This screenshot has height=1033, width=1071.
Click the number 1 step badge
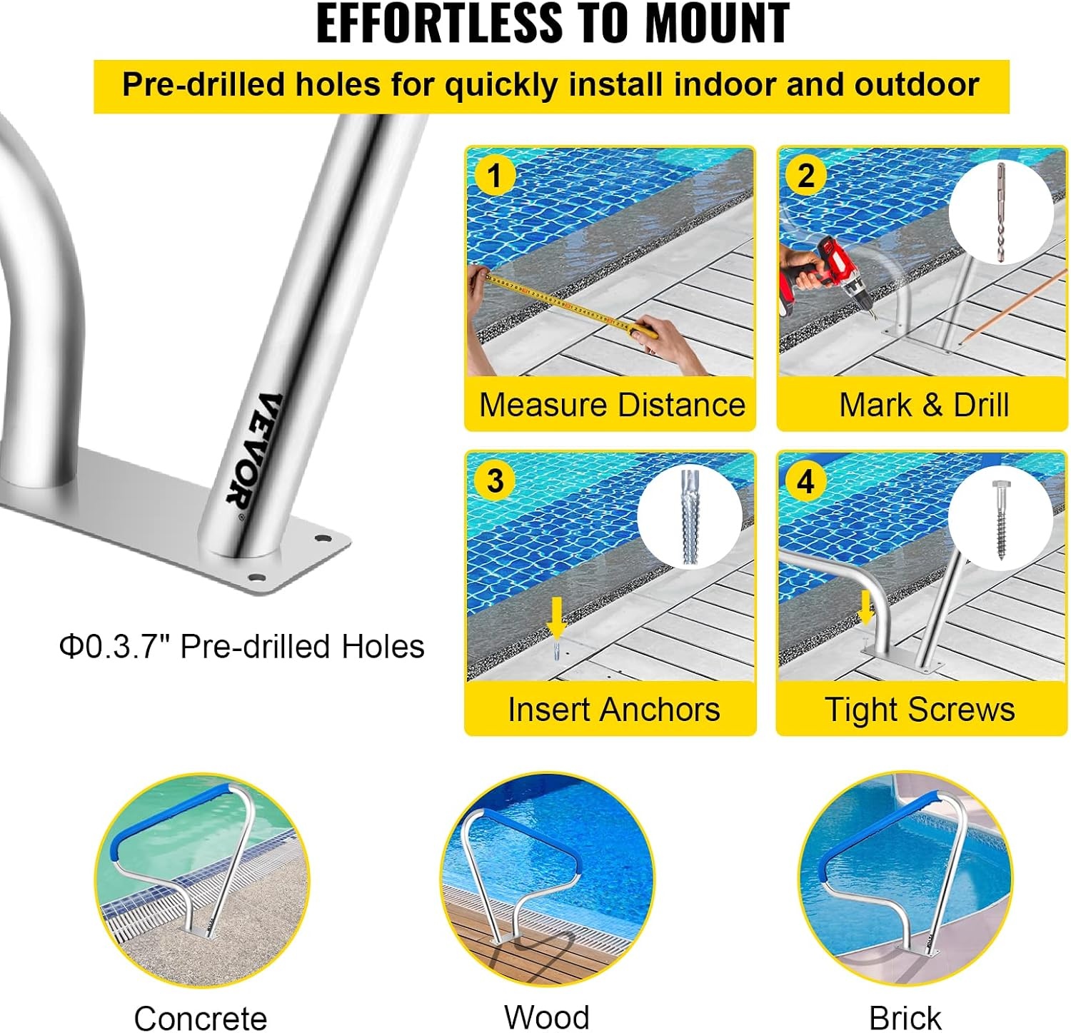click(x=495, y=175)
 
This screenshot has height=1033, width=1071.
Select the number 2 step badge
click(x=806, y=176)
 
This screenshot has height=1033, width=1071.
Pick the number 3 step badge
click(x=495, y=480)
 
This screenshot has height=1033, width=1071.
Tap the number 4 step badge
click(x=806, y=481)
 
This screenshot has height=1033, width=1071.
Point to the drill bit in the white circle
click(x=1001, y=211)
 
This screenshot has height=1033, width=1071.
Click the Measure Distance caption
click(x=612, y=405)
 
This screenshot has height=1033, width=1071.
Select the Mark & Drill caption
click(x=924, y=405)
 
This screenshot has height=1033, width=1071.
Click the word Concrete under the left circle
click(x=201, y=1017)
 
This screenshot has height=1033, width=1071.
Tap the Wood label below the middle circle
click(x=547, y=1017)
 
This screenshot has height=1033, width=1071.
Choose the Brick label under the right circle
click(x=905, y=1017)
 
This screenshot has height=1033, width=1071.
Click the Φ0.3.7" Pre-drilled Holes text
click(x=241, y=646)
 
